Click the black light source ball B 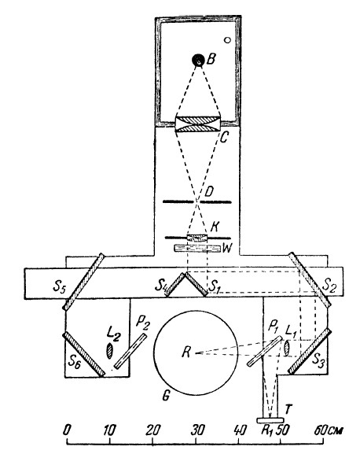(198, 60)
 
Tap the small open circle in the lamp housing (228, 40)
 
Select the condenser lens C (198, 124)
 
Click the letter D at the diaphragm (209, 191)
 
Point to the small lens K (197, 238)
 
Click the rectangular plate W (197, 249)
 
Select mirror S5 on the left (83, 282)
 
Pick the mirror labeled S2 (310, 279)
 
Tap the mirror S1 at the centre (197, 284)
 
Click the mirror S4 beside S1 (174, 285)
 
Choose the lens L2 (109, 351)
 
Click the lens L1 (287, 348)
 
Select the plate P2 (130, 351)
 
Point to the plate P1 (264, 351)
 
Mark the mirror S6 (83, 354)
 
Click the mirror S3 (309, 351)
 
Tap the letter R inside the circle (186, 352)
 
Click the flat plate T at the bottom (270, 420)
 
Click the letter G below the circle (165, 396)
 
